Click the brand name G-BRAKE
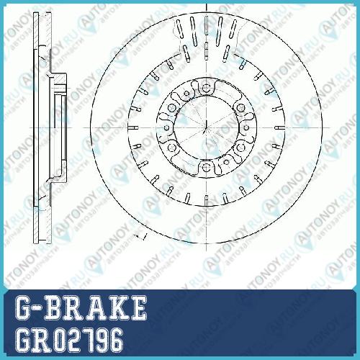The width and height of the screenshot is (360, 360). coord(81,308)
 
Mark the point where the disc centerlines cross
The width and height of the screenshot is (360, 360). coord(207,127)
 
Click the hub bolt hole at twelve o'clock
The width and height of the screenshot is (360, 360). coord(206,88)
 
